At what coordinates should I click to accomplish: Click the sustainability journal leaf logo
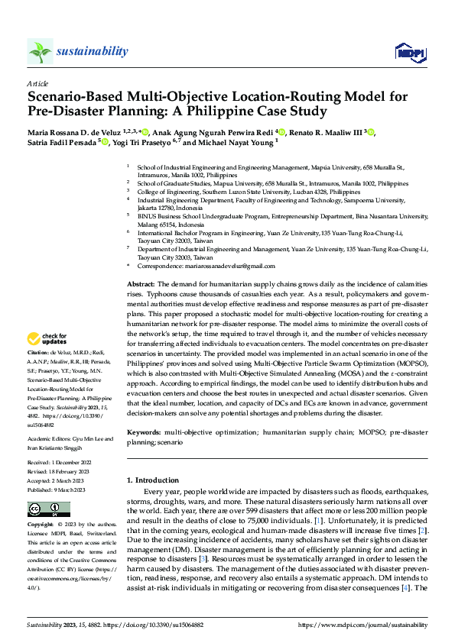point(40,51)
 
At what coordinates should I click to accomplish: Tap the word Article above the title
point(37,83)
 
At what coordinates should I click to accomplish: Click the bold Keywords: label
point(143,432)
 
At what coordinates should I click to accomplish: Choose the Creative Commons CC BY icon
point(48,509)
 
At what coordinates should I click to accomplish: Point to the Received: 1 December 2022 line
point(59,463)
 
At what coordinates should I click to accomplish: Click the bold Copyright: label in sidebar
point(41,526)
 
